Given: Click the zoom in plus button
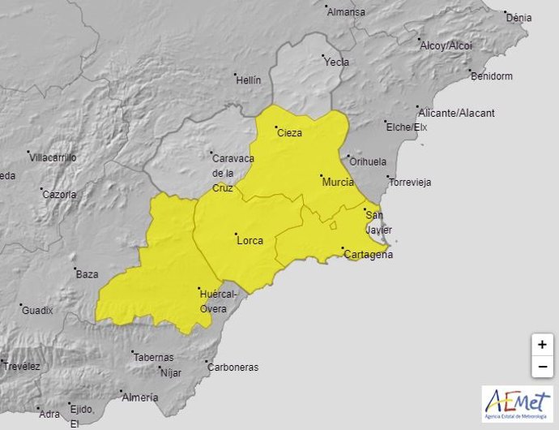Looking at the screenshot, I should coord(541,344).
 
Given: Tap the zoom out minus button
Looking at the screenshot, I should coord(541,367).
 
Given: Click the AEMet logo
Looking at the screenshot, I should coord(516,403).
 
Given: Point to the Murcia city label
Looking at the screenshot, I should coord(338,183).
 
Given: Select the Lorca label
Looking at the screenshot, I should coord(250,240).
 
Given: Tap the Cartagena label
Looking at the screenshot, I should coord(369,255).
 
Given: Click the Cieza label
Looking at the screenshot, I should coord(289,133).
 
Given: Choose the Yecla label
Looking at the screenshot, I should coord(336,62).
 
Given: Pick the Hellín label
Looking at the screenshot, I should coord(249,80).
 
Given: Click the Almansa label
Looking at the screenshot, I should coord(347,12).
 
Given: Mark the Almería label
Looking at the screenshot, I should coord(138,398).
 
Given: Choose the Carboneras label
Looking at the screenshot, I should coord(233,368).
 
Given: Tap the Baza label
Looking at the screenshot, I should coord(87,274).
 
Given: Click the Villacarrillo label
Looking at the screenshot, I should coord(53,157).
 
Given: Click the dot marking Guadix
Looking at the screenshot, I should coord(21,306).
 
